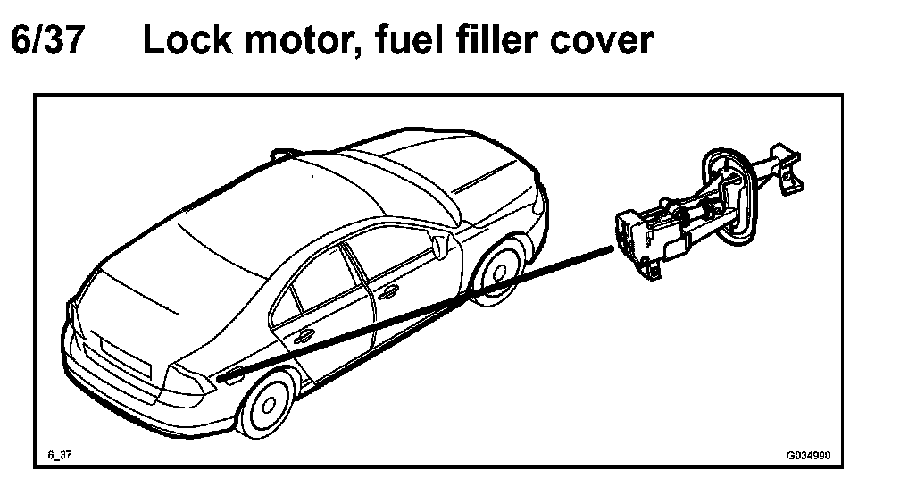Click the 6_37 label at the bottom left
[x=59, y=454]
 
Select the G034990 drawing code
[x=807, y=454]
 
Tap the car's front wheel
[x=496, y=272]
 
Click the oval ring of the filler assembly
[x=728, y=192]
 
